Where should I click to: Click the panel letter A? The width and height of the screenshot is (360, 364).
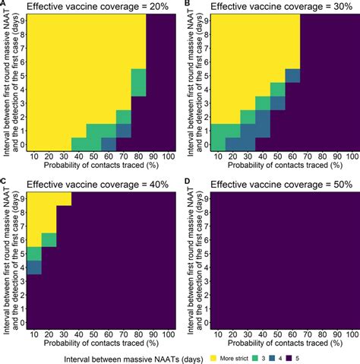(4, 5)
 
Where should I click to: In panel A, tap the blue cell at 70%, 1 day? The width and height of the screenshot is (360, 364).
(123, 130)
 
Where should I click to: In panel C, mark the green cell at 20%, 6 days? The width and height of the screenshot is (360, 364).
(49, 239)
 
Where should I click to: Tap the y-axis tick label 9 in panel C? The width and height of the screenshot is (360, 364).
(24, 199)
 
